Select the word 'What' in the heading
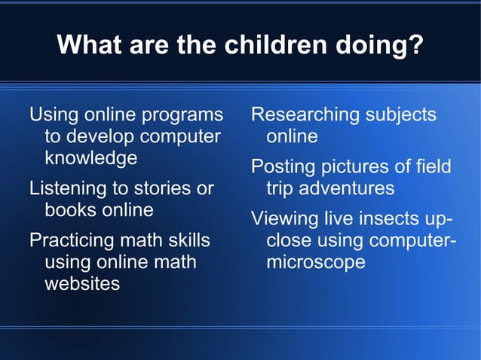87,45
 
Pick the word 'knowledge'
90,159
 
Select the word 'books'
71,209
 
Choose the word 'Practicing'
72,241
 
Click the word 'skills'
188,241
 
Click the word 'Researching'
305,115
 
